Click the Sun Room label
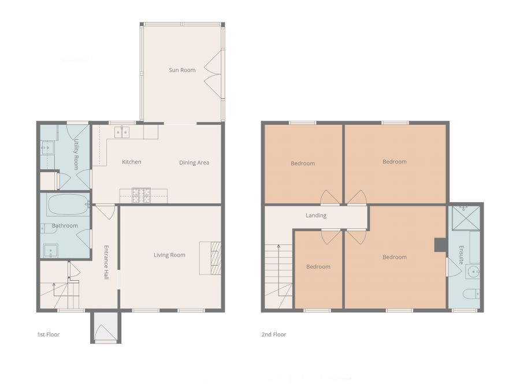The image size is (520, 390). (182, 70)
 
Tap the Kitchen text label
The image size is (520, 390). (132, 162)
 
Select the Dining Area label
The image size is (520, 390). (194, 162)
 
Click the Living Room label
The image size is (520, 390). (169, 255)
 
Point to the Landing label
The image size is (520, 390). (316, 216)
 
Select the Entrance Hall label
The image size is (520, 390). (106, 263)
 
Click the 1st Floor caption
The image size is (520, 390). (49, 335)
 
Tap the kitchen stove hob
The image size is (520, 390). (140, 196)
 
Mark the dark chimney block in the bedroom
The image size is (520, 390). (440, 245)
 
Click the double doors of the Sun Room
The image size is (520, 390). (213, 74)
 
